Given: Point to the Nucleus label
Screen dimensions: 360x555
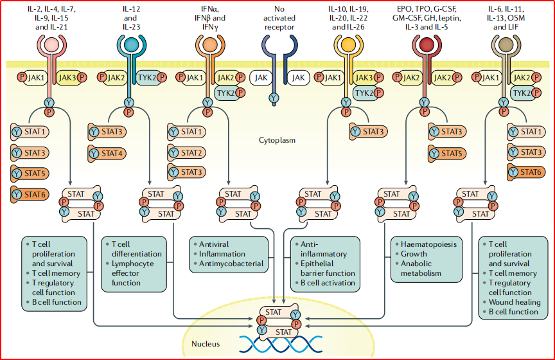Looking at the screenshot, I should click(206, 344).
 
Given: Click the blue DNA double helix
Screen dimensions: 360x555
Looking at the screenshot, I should click(277, 345).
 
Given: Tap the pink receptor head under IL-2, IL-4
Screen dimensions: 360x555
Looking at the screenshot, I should click(49, 44).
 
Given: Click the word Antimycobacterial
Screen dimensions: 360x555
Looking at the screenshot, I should click(232, 264).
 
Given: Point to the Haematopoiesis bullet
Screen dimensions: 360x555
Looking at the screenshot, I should click(429, 245).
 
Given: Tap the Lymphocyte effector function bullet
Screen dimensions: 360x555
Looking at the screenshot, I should click(133, 273).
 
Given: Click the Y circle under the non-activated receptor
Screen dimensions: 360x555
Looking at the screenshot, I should click(274, 98).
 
